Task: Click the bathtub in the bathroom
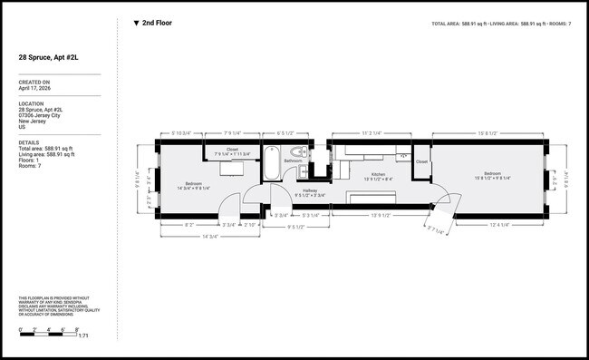pos(273,168)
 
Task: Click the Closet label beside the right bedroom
pos(421,164)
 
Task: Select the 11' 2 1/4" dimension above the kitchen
pos(378,133)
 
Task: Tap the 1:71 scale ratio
pos(83,336)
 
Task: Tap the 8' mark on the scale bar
pos(78,328)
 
